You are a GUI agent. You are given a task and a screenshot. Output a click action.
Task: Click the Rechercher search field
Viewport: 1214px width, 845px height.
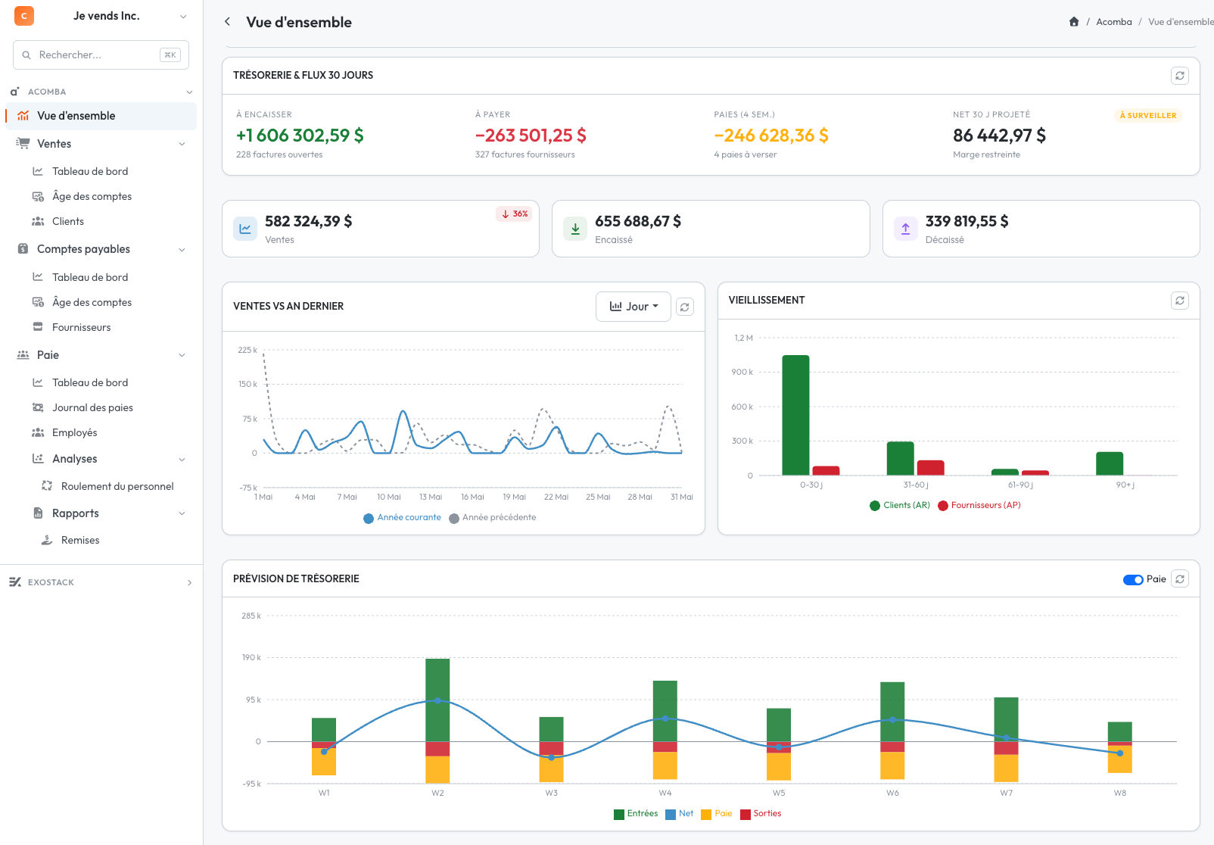(x=101, y=55)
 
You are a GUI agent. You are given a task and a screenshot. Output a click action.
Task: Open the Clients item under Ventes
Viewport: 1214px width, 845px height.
(x=68, y=221)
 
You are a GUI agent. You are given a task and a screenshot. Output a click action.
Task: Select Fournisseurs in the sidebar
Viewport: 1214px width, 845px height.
(x=81, y=327)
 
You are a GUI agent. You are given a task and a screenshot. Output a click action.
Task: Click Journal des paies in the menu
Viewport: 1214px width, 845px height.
(x=92, y=407)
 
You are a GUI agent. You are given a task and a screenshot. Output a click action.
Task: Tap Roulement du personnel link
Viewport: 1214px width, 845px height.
(x=117, y=486)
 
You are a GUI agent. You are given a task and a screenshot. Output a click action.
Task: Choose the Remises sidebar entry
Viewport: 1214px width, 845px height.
(x=80, y=540)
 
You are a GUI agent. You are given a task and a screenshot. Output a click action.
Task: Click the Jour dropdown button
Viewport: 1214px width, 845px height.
(x=633, y=307)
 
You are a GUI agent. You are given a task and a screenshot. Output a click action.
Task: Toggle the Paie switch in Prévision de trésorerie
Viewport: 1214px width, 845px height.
(x=1133, y=579)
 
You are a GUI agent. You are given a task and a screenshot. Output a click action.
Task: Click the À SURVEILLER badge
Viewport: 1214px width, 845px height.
(x=1148, y=115)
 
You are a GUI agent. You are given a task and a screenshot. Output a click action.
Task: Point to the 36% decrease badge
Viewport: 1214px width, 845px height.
(x=514, y=214)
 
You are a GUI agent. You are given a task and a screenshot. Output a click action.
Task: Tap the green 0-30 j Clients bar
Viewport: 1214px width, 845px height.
(x=795, y=415)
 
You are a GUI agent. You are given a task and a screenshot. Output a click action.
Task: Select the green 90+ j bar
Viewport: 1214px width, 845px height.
(x=1110, y=463)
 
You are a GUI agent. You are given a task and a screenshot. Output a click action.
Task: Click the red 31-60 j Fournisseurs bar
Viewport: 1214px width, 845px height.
(x=930, y=468)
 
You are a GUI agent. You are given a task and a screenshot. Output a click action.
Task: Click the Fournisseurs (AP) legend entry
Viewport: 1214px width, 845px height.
(x=979, y=505)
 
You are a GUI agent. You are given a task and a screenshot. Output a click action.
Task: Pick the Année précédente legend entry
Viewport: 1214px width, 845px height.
(x=493, y=518)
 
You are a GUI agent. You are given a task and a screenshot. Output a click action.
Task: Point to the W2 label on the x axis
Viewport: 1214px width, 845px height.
(x=437, y=793)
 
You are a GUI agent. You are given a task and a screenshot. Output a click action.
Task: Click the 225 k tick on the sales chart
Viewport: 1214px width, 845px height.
(x=247, y=350)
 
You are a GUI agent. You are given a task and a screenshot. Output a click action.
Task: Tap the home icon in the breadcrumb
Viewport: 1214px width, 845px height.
(x=1074, y=22)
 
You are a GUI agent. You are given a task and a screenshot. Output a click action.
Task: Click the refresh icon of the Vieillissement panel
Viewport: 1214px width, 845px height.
(x=1180, y=301)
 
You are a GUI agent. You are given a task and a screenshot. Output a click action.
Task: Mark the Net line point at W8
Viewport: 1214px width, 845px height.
(x=1119, y=753)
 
